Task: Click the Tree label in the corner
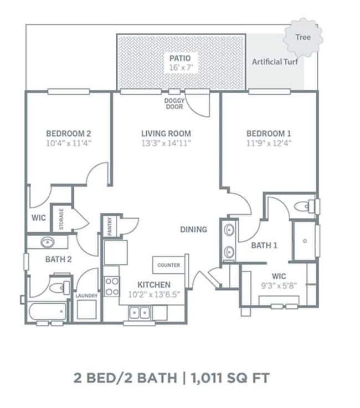coord(303,37)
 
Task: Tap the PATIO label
coord(180,58)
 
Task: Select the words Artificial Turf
coord(275,62)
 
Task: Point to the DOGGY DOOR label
coord(174,104)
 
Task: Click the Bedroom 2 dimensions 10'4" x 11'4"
coord(69,143)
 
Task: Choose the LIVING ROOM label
coord(166,134)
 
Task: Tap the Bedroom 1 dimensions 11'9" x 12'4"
coord(269,143)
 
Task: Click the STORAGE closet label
coord(61,219)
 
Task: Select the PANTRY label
coord(110,226)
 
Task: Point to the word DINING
coord(194,229)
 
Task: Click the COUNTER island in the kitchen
coord(169,265)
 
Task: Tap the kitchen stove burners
coord(112,287)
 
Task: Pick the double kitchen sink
coord(140,313)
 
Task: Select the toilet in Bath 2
coord(59,288)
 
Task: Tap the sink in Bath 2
coord(48,242)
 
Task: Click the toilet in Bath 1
coord(305,207)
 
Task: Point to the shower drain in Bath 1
coord(305,241)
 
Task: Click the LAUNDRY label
coord(86,296)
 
